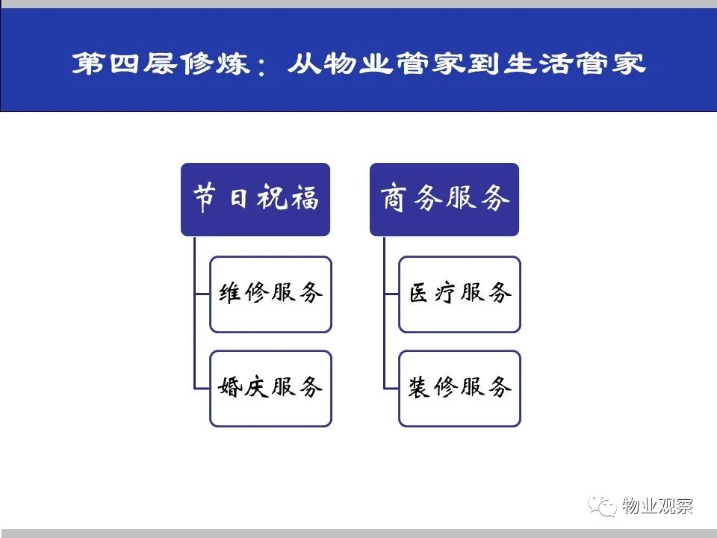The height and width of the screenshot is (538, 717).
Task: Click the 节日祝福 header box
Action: tap(255, 200)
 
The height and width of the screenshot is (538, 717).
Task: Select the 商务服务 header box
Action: tap(444, 200)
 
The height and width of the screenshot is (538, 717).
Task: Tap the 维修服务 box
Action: tap(270, 294)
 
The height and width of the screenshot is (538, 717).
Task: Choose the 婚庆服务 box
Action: tap(270, 389)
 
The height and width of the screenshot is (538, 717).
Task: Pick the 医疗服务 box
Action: tap(459, 294)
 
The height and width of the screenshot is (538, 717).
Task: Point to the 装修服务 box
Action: tap(459, 389)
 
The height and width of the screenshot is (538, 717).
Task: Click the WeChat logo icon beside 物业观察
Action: tap(602, 506)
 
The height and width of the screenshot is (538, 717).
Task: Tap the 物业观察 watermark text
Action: tap(658, 506)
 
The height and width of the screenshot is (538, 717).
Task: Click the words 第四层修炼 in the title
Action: tap(161, 63)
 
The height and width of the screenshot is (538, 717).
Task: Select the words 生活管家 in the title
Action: tap(574, 63)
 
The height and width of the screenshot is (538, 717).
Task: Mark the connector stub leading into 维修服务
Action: tap(202, 294)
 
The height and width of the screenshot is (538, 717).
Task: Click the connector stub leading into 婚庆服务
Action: tap(202, 389)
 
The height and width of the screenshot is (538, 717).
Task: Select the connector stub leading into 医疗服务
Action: tap(391, 294)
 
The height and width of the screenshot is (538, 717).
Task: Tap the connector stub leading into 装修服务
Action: tap(391, 389)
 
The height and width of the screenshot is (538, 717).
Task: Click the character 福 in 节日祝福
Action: tap(305, 197)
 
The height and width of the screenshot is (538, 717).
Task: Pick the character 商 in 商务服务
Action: tap(393, 197)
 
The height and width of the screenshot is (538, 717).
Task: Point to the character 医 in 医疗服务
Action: tap(418, 293)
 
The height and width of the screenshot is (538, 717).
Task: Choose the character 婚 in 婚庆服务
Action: tap(229, 387)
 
